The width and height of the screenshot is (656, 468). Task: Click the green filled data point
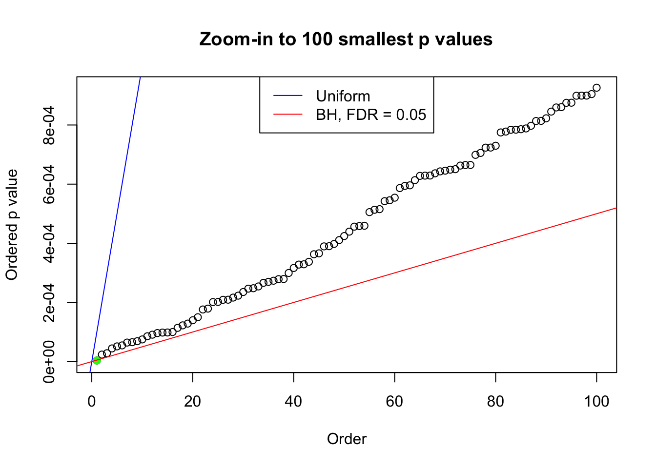click(x=97, y=360)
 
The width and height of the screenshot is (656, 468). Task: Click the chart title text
click(x=346, y=39)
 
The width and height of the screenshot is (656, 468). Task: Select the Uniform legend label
click(x=343, y=96)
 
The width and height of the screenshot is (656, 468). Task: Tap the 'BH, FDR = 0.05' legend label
click(x=371, y=115)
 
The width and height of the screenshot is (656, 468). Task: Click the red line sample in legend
click(x=288, y=115)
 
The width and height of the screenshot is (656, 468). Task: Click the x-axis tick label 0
click(x=92, y=401)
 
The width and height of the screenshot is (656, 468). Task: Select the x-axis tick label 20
click(x=193, y=401)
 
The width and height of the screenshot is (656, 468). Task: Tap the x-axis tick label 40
click(x=294, y=401)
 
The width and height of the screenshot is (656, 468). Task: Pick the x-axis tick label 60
click(x=394, y=401)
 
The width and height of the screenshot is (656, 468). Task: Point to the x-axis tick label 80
click(x=495, y=401)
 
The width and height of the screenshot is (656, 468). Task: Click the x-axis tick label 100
click(x=596, y=401)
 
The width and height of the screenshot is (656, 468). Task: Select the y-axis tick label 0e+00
click(x=49, y=362)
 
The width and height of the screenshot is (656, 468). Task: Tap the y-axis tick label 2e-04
click(x=49, y=302)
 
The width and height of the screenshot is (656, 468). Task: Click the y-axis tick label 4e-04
click(x=49, y=243)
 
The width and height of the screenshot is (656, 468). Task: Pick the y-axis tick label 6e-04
click(x=49, y=184)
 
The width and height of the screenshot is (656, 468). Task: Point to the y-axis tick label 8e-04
click(x=49, y=125)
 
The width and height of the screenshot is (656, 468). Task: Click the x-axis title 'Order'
click(x=347, y=439)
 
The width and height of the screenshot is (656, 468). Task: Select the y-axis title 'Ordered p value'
click(x=12, y=224)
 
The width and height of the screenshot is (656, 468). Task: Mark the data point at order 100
click(x=596, y=88)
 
